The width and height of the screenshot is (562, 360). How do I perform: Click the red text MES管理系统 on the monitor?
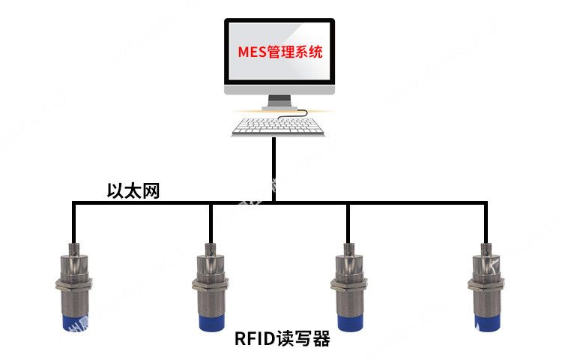click(x=280, y=53)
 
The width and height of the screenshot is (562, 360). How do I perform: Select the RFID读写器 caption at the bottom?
click(x=282, y=340)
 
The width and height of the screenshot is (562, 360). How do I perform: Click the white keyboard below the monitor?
click(x=279, y=126)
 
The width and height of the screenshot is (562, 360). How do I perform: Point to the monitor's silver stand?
click(x=280, y=102)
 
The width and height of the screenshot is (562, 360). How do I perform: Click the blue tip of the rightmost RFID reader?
click(x=486, y=320)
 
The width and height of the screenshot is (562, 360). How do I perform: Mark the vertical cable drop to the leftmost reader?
click(x=73, y=221)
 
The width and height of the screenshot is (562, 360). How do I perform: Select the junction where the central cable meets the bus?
click(x=274, y=202)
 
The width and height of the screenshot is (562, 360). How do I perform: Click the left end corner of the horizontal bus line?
click(x=73, y=202)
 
